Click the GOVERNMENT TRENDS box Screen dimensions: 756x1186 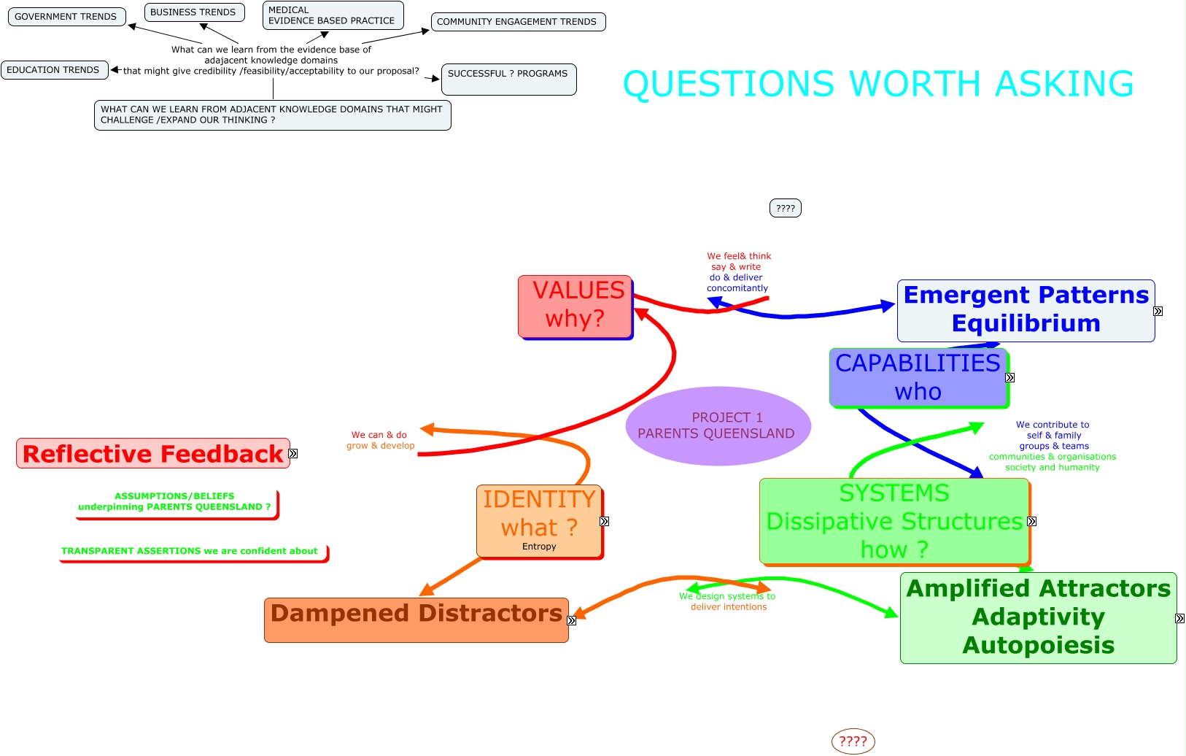[66, 17]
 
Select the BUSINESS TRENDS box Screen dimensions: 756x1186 [193, 12]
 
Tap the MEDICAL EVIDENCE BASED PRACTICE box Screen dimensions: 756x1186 [332, 15]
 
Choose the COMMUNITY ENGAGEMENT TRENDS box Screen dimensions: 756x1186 [517, 22]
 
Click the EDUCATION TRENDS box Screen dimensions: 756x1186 [54, 70]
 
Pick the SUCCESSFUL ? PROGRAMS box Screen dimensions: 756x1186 [508, 79]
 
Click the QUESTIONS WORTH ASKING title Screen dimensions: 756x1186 [877, 84]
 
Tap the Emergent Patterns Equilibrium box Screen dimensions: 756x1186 [1026, 310]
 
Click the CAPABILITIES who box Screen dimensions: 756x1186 [918, 377]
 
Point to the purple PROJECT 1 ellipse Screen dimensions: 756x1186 [718, 425]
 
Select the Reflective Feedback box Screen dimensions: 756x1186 [152, 454]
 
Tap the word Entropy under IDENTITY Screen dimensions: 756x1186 [539, 547]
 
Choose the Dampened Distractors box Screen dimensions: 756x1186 [416, 620]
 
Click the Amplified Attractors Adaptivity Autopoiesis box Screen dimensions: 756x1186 [1038, 617]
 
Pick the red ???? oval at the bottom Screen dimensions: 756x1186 [853, 742]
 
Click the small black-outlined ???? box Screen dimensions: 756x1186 [786, 209]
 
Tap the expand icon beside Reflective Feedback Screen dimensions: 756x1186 [293, 454]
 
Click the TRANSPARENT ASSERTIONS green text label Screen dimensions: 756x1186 [190, 552]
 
